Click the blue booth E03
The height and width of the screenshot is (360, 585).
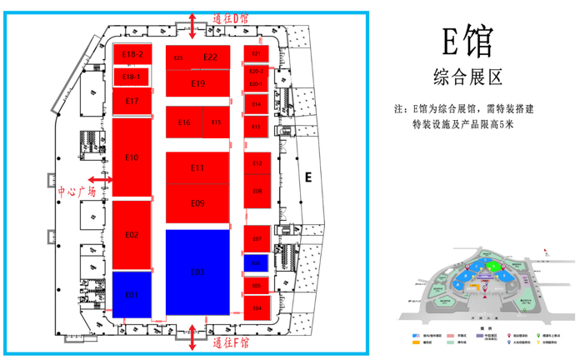pyautogui.click(x=197, y=272)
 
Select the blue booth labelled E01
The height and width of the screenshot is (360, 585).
pyautogui.click(x=132, y=294)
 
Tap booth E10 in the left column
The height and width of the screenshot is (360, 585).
pyautogui.click(x=132, y=157)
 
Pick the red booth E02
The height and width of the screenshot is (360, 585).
pyautogui.click(x=132, y=234)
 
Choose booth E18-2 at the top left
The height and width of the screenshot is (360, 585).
pyautogui.click(x=132, y=54)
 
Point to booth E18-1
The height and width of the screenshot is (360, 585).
pyautogui.click(x=132, y=77)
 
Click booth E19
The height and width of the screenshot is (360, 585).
pyautogui.click(x=197, y=83)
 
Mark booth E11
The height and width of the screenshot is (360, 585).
pyautogui.click(x=197, y=167)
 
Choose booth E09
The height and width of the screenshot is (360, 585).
pyautogui.click(x=197, y=203)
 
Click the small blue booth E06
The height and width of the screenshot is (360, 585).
pyautogui.click(x=257, y=263)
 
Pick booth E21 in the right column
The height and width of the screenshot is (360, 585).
pyautogui.click(x=257, y=53)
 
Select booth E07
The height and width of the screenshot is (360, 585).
pyautogui.click(x=257, y=238)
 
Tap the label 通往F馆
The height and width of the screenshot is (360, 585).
pyautogui.click(x=231, y=342)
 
